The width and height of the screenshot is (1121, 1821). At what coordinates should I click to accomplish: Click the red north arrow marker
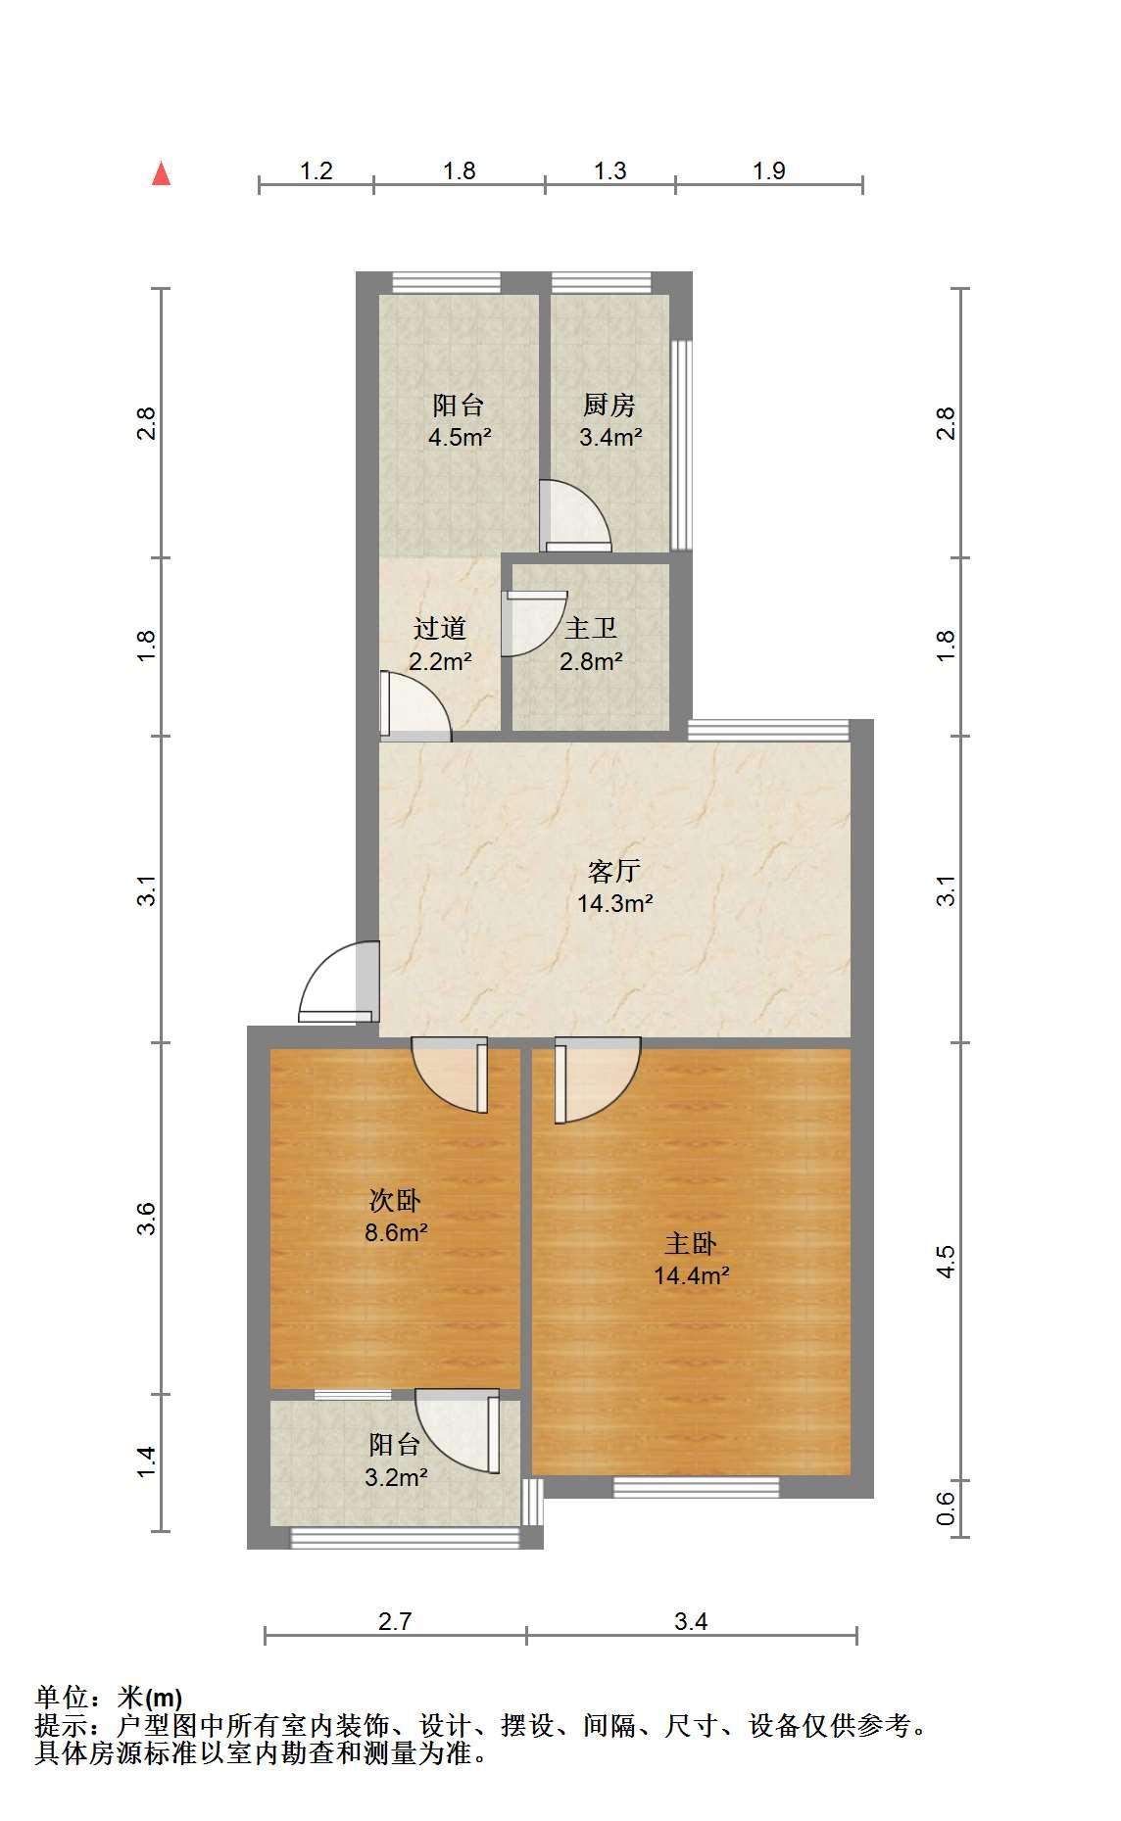[162, 174]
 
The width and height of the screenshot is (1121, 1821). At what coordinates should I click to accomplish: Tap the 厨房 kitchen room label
[609, 405]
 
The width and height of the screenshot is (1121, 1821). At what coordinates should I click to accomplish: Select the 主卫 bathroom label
[591, 629]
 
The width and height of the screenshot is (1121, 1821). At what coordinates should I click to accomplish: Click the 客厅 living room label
[614, 871]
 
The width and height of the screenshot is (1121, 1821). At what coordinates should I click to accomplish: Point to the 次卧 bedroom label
[395, 1200]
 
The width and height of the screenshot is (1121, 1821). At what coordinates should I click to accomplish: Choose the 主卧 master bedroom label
[691, 1244]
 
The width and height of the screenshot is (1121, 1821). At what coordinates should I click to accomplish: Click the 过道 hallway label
[440, 629]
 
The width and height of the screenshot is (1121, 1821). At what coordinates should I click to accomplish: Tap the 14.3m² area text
[614, 903]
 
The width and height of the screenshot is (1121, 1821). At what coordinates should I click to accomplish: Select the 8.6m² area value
[396, 1232]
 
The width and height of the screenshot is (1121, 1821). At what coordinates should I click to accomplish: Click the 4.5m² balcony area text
[460, 437]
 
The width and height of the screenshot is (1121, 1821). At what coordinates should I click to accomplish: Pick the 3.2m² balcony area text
[396, 1477]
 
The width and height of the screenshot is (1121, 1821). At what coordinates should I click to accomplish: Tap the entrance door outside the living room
[338, 982]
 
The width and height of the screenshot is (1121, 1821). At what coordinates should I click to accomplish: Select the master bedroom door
[597, 1079]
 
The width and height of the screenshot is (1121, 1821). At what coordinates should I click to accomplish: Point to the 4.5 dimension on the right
[946, 1261]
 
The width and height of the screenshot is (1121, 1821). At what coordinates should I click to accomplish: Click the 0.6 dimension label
[946, 1508]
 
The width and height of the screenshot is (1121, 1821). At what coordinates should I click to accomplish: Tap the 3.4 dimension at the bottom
[691, 1621]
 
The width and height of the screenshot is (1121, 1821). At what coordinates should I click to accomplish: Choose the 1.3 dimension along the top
[609, 170]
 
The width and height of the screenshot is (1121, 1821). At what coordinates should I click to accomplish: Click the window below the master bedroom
[697, 1487]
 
